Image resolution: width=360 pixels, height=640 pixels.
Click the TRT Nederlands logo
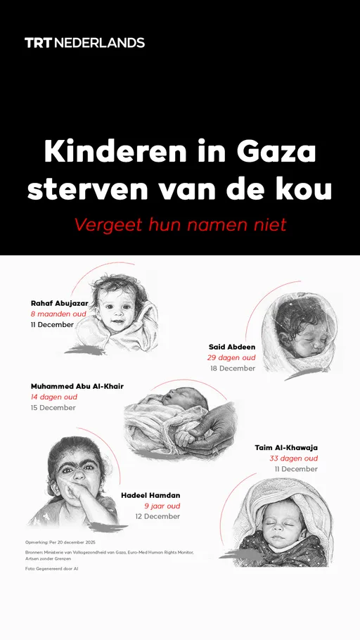(84, 42)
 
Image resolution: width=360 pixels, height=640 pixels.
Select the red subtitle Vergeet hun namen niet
(180, 225)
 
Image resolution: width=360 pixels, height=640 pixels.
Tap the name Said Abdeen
(232, 347)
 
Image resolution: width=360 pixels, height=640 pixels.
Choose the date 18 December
(233, 369)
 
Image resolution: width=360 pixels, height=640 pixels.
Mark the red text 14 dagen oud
(53, 397)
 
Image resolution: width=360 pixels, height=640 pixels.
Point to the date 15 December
(53, 408)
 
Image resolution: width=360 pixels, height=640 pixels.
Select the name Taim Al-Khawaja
(286, 447)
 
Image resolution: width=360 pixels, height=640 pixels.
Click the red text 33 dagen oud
(294, 459)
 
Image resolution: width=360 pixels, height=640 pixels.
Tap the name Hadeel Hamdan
(150, 495)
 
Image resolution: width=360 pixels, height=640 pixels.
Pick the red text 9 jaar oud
(162, 506)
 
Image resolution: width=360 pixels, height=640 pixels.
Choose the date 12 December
(157, 517)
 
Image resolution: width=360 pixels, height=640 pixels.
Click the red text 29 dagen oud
(232, 358)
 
